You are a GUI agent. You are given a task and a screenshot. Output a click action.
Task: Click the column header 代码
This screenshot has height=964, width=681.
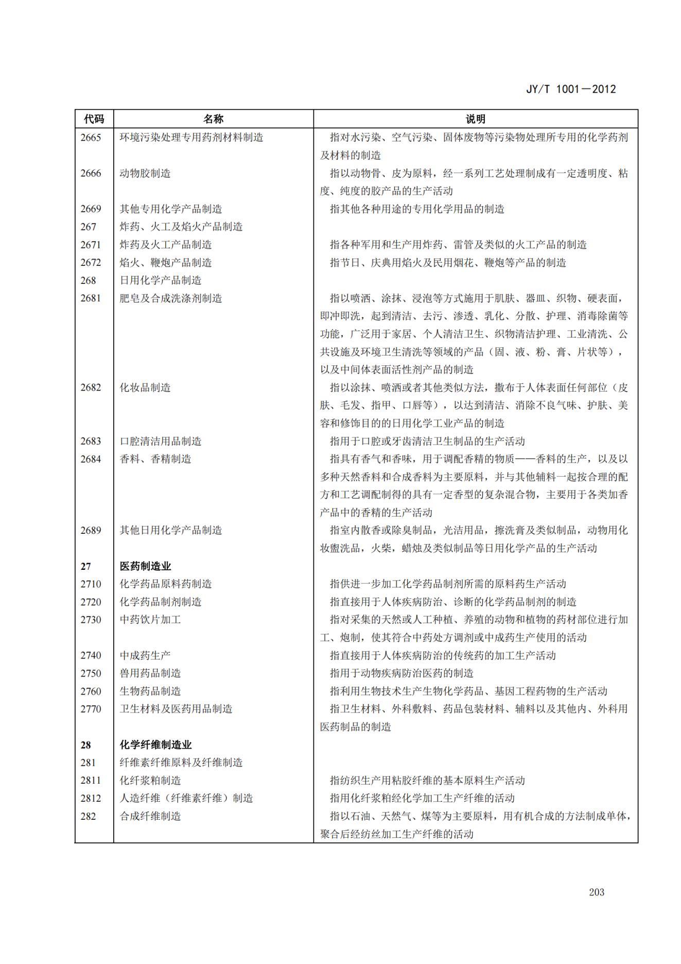click(94, 119)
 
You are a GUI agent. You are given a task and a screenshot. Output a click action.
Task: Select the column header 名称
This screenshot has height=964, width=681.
click(213, 119)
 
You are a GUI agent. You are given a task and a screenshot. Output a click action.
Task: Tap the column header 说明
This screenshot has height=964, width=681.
click(475, 119)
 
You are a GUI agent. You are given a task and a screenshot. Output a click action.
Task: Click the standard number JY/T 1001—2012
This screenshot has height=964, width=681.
click(570, 89)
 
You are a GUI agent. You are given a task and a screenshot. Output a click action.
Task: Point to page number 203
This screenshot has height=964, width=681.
click(597, 892)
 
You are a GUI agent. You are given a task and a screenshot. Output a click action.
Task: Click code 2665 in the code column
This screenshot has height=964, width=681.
click(91, 138)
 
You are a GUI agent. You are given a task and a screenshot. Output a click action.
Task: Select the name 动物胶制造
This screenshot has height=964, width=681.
click(145, 173)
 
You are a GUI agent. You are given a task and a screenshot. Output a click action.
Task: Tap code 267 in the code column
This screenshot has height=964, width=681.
click(88, 227)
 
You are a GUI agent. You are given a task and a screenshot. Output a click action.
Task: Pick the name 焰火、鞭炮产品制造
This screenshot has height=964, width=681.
click(165, 262)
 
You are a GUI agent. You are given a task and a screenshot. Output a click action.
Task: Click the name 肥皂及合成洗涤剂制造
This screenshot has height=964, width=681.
click(170, 298)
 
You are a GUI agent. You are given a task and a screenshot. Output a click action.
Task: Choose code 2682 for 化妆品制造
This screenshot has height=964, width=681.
click(91, 387)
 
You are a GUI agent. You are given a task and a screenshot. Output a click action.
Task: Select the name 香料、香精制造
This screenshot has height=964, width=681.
click(155, 459)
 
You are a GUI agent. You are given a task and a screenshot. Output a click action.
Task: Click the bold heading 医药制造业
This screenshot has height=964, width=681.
click(145, 566)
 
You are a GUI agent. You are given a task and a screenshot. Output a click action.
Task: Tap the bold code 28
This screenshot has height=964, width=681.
click(85, 745)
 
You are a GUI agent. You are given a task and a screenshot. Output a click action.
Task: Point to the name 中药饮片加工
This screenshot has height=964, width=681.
click(150, 620)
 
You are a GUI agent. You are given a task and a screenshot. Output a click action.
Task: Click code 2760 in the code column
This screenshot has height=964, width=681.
click(91, 691)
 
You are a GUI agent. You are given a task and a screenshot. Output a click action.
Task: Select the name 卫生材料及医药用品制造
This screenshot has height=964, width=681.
click(176, 709)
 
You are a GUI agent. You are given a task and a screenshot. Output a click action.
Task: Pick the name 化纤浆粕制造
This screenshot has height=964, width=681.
click(150, 781)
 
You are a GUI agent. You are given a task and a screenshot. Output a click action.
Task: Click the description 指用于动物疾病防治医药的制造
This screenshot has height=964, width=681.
click(401, 673)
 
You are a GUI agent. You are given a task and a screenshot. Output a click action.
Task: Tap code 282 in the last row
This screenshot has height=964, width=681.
click(88, 816)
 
